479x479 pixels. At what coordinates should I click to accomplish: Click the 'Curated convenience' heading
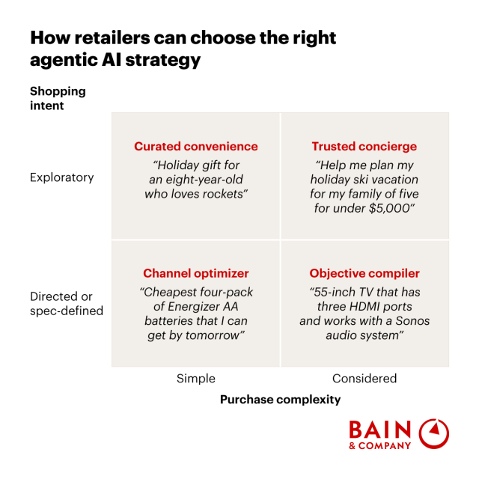[x=196, y=147]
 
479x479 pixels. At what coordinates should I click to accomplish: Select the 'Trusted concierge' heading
[x=364, y=147]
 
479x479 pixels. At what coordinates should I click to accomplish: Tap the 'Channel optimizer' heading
[x=196, y=273]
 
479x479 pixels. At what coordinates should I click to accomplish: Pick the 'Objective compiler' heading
[x=364, y=273]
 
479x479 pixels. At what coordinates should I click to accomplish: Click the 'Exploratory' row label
[x=62, y=177]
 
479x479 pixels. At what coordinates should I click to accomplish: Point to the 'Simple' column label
[x=195, y=379]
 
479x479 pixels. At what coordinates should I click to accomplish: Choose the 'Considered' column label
[x=364, y=379]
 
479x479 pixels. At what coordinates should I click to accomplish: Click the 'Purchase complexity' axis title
[x=280, y=400]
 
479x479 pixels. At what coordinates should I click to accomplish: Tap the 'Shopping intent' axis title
[x=58, y=98]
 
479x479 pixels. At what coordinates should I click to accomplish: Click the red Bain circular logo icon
[x=434, y=434]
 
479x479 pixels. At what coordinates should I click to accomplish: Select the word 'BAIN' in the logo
[x=380, y=430]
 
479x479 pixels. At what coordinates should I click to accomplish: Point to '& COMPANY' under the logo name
[x=380, y=446]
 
